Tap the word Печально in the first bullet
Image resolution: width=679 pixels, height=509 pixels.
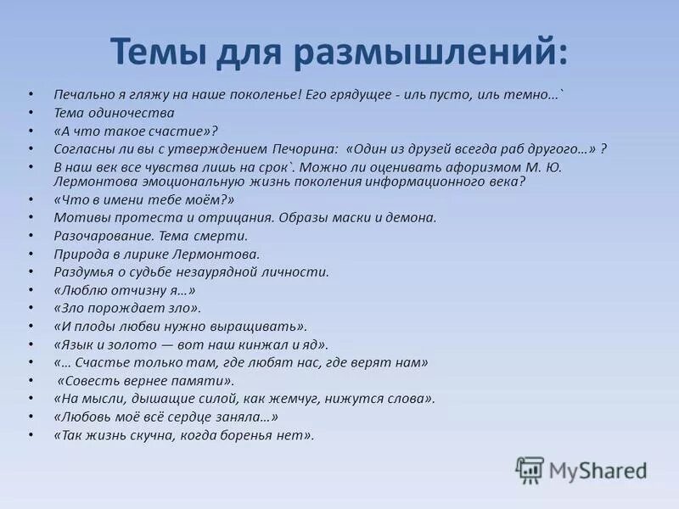pyautogui.click(x=82, y=96)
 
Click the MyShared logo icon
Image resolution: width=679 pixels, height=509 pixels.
pyautogui.click(x=530, y=469)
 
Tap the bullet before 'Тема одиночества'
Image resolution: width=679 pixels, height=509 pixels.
pyautogui.click(x=31, y=113)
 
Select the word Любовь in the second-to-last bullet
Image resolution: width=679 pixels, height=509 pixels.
pyautogui.click(x=83, y=417)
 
